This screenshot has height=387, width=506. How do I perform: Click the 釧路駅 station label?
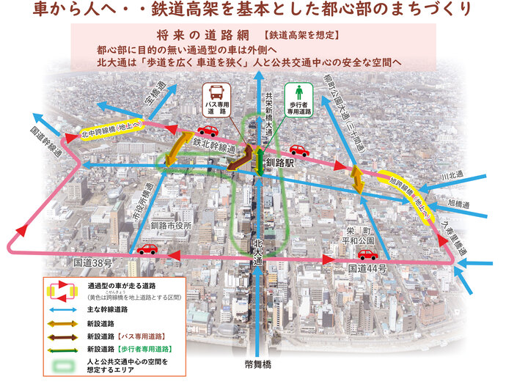point(280,163)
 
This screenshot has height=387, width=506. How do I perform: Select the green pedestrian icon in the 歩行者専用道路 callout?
point(298,94)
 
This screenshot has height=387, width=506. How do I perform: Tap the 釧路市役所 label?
point(171,226)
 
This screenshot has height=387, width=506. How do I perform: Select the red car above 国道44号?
point(367,254)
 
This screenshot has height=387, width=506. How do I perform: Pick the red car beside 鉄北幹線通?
point(208,132)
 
